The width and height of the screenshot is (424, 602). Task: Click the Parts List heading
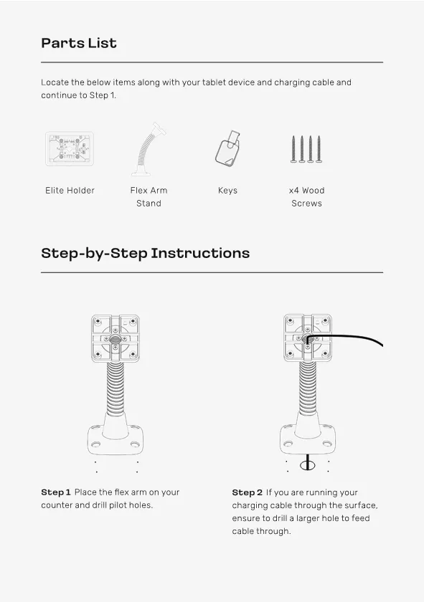click(x=79, y=43)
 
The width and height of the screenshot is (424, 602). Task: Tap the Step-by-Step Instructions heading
click(x=146, y=254)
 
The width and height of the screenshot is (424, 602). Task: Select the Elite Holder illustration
click(x=70, y=149)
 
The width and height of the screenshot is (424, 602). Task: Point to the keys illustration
click(x=227, y=148)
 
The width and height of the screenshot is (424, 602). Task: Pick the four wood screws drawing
click(x=306, y=149)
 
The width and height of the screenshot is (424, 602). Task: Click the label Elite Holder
click(x=70, y=191)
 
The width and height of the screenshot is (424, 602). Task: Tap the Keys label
click(x=227, y=191)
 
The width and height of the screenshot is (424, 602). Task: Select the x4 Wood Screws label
click(x=307, y=196)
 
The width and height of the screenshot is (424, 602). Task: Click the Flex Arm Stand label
click(x=149, y=196)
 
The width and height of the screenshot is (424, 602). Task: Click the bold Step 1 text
click(x=56, y=492)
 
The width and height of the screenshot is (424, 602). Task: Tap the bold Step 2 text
click(x=248, y=492)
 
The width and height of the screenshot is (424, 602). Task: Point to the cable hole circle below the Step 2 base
click(x=307, y=466)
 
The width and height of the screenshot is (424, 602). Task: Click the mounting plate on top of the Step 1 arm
click(x=116, y=338)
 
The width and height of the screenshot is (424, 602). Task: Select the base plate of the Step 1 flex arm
click(x=116, y=439)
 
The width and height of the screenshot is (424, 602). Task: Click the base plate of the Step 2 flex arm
click(x=308, y=439)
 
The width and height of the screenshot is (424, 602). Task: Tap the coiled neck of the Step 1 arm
click(x=116, y=388)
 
